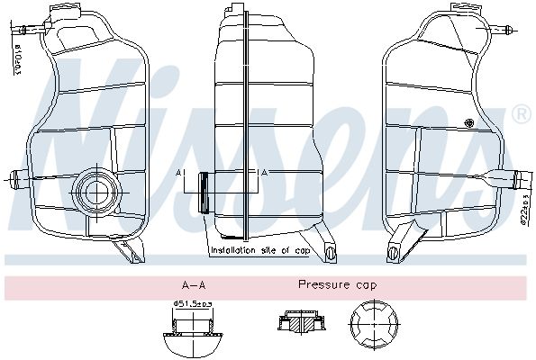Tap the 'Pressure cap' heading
[338, 284]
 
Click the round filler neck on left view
[94, 189]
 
